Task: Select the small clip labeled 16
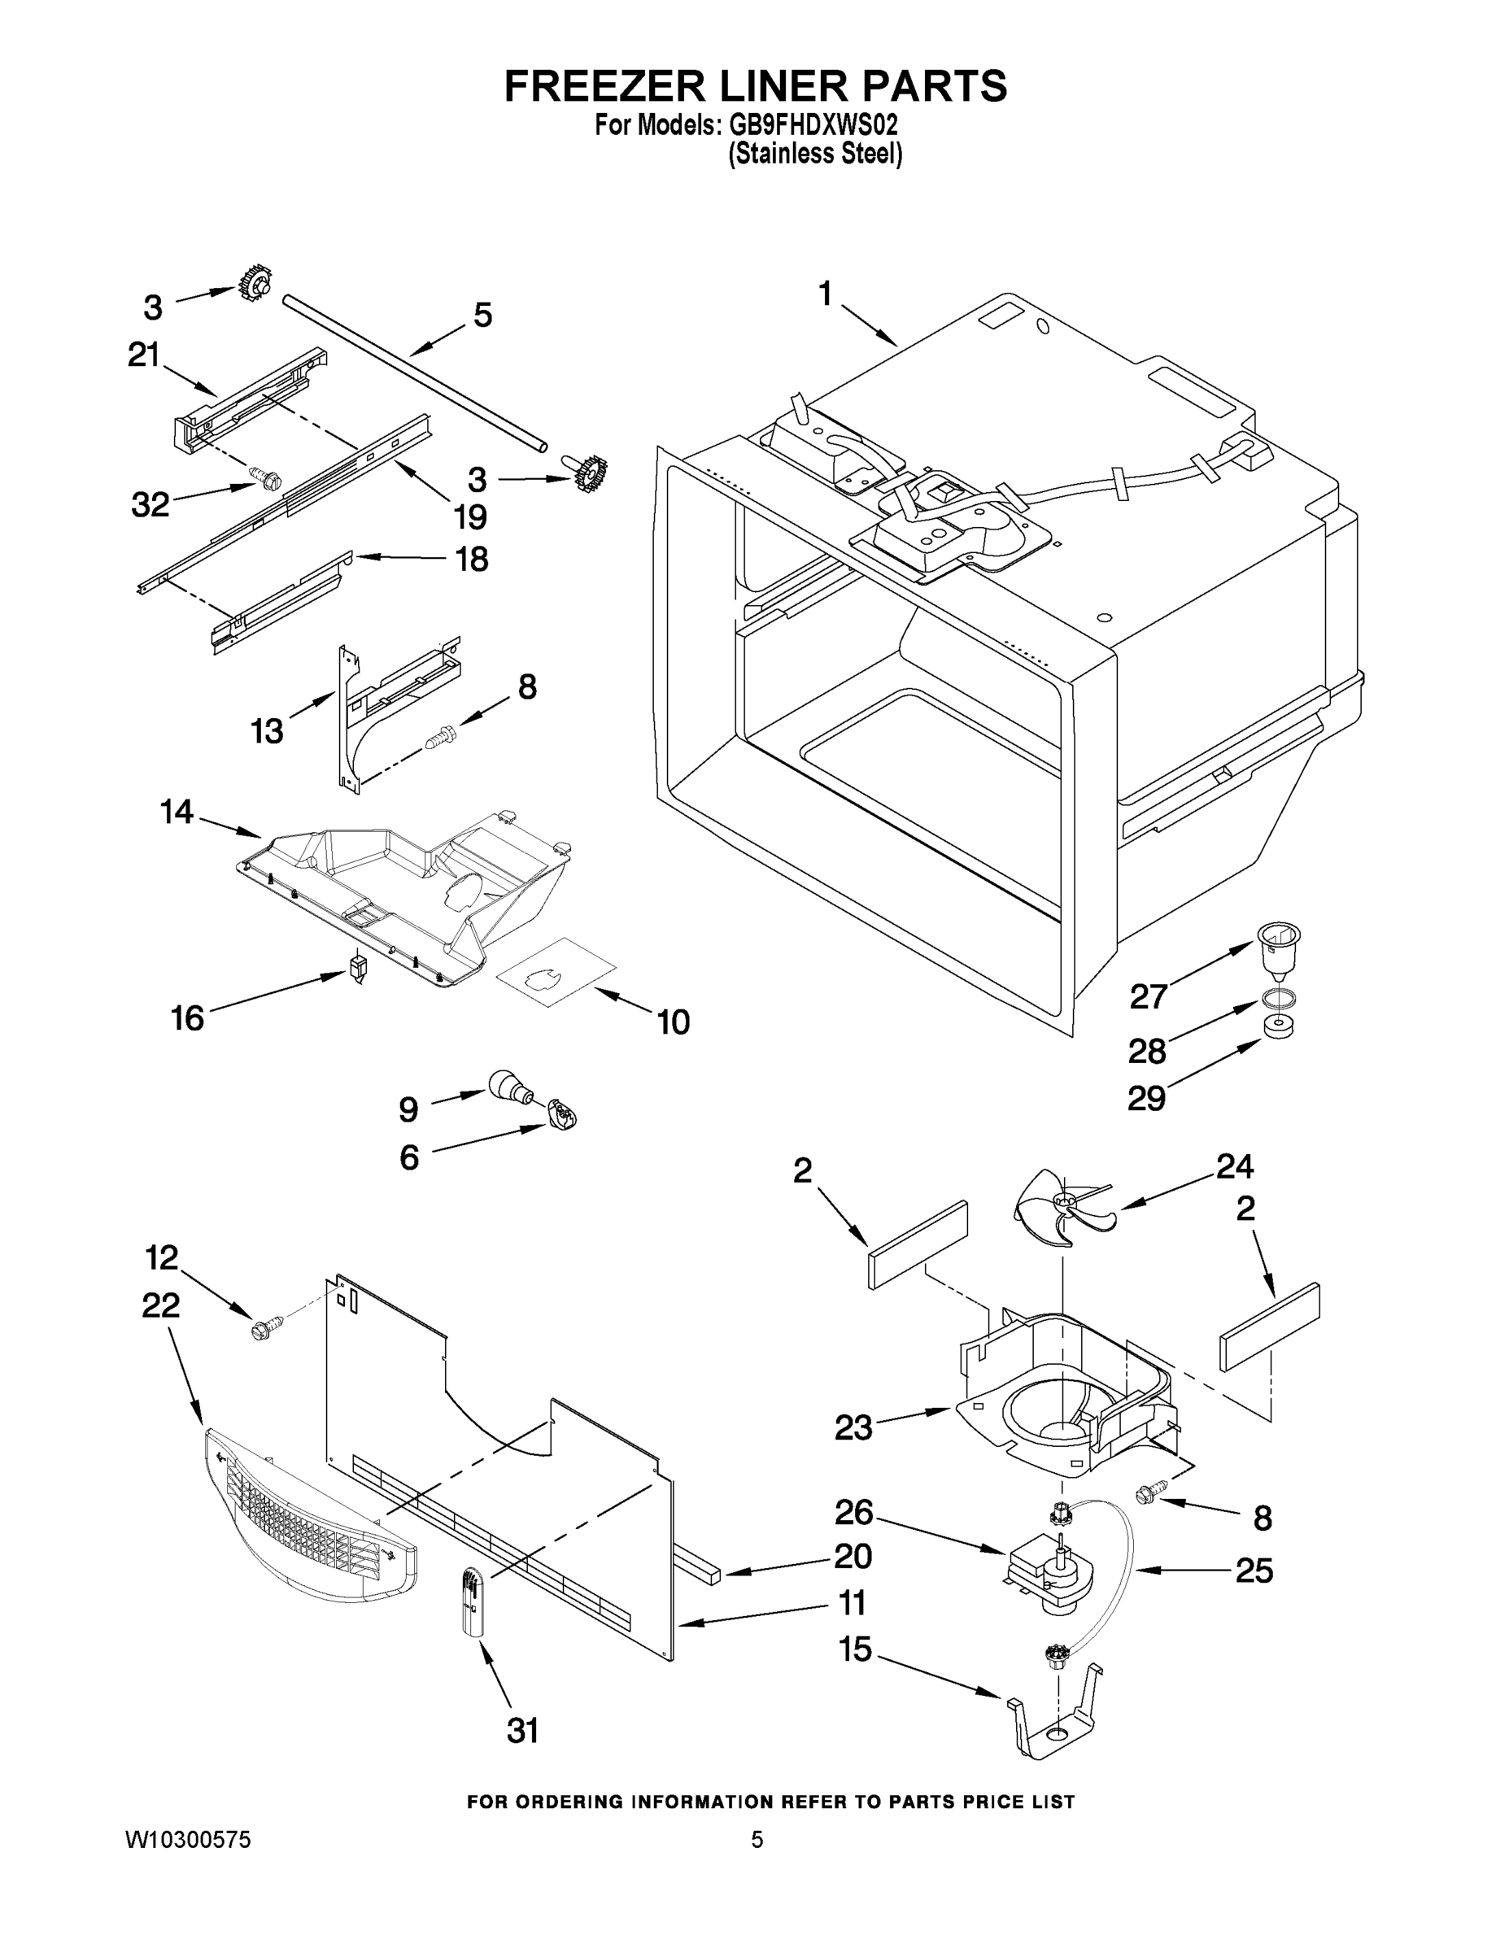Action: pos(358,968)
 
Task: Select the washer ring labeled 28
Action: pos(1280,997)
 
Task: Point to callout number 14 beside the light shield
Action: pos(176,812)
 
